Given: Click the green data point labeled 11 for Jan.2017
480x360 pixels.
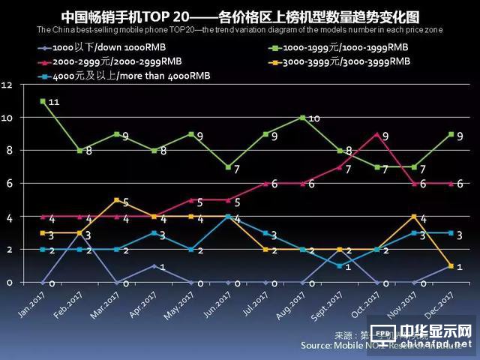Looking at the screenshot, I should click(x=42, y=100).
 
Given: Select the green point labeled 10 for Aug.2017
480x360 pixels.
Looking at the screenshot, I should click(x=301, y=118).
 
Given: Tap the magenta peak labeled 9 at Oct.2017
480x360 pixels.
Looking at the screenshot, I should click(x=376, y=134).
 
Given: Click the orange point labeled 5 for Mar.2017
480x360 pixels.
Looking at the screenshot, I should click(x=116, y=200).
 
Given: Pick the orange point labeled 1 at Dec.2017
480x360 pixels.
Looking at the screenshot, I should click(x=450, y=266).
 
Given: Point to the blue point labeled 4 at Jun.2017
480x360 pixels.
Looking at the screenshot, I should click(x=227, y=217).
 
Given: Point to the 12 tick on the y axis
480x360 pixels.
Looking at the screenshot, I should click(x=8, y=85).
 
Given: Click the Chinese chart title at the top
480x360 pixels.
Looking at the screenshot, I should click(x=240, y=16).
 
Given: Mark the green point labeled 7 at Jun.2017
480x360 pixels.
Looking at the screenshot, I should click(x=227, y=167).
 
